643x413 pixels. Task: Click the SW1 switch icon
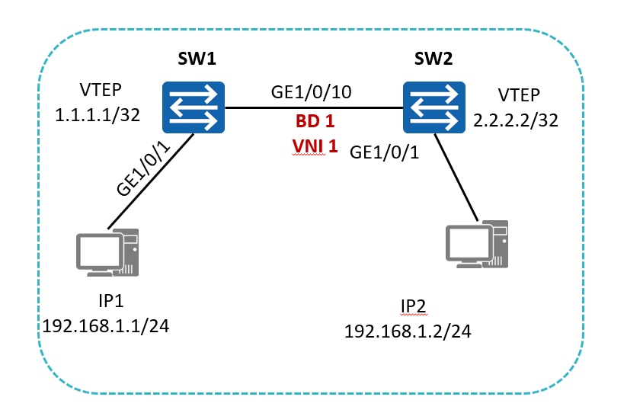(x=194, y=107)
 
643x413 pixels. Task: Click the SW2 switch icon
(x=433, y=107)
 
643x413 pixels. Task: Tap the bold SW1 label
(x=197, y=59)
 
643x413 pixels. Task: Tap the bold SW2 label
(x=433, y=59)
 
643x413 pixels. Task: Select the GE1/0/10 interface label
(x=312, y=92)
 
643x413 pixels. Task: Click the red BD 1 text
(x=315, y=121)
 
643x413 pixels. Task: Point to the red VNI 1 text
(x=315, y=146)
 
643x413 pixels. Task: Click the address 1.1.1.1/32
(x=98, y=115)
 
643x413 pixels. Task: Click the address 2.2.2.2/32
(x=516, y=120)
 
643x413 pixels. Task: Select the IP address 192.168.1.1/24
(x=106, y=326)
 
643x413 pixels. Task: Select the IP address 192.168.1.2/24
(x=408, y=331)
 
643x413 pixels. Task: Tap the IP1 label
(x=110, y=301)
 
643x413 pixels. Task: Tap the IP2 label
(x=414, y=306)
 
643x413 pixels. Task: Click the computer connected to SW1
(x=107, y=252)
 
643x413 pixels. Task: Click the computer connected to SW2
(x=477, y=245)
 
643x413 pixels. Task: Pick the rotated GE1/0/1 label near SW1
(x=143, y=168)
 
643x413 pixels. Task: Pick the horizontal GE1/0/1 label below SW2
(x=384, y=152)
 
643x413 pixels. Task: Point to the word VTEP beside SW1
(x=101, y=90)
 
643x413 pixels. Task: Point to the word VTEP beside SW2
(x=519, y=95)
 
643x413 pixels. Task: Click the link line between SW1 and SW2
(x=314, y=108)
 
